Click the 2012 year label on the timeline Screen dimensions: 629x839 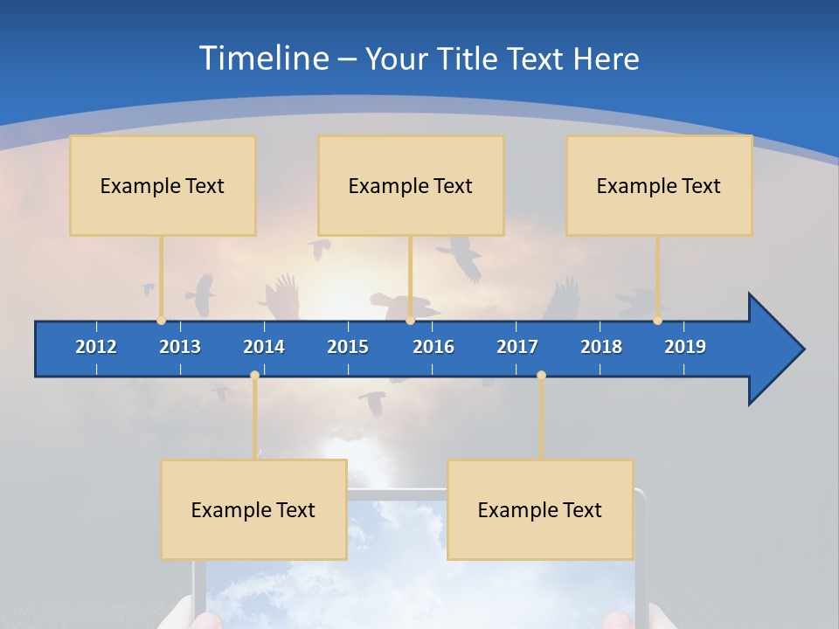tap(96, 347)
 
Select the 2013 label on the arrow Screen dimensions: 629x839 tap(180, 347)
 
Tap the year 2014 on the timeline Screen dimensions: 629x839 tap(264, 347)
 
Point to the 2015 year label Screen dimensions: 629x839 tap(348, 347)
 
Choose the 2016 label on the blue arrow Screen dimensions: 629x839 tap(433, 347)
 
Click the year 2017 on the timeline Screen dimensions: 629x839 tap(517, 347)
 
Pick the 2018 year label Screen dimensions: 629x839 tap(601, 347)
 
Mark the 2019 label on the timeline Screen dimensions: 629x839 tap(685, 347)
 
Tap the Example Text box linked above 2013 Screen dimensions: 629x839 tap(163, 186)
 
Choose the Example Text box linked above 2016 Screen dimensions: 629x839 tap(411, 186)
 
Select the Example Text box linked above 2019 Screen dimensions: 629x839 tap(659, 186)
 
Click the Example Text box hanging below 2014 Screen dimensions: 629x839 tap(253, 510)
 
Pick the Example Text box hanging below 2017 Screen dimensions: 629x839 tap(540, 510)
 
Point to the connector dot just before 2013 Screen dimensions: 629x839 tap(161, 321)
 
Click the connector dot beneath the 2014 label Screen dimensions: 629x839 tap(254, 376)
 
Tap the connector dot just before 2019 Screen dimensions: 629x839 tap(657, 321)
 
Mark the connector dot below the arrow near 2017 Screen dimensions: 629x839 tap(541, 376)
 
